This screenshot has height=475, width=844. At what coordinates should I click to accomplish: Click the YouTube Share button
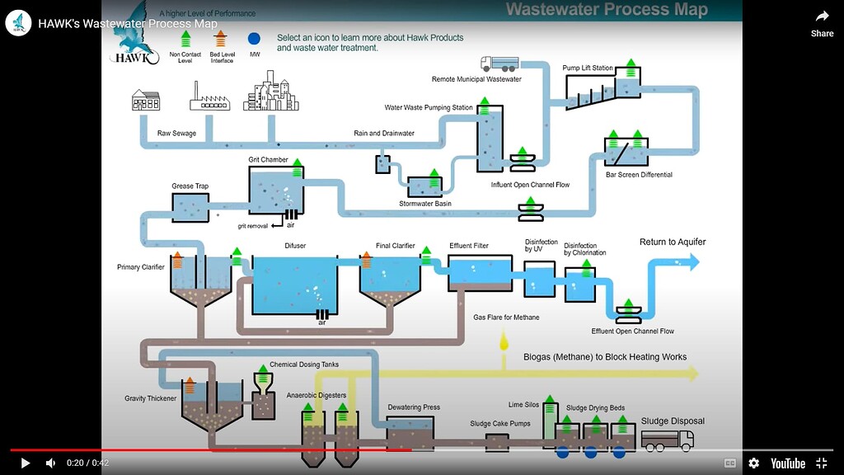[822, 22]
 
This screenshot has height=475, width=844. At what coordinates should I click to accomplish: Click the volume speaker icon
[51, 463]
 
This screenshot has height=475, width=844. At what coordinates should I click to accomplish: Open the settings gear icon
[753, 463]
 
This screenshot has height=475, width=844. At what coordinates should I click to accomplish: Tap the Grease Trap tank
[190, 209]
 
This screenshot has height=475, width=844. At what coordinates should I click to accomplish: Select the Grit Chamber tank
[276, 191]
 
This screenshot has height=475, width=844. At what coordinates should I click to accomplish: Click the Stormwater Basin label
[425, 204]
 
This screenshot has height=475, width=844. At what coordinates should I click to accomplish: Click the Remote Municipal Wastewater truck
[499, 63]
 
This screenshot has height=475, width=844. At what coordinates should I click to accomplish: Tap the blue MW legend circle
[254, 39]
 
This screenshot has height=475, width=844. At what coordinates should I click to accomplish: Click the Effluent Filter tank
[480, 273]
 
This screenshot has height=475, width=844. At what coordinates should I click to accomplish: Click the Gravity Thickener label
[151, 398]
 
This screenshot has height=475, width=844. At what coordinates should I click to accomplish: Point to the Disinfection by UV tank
[540, 280]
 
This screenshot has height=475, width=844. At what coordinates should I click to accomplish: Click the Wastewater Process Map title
[606, 10]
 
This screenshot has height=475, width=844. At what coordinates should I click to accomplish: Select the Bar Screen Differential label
[639, 175]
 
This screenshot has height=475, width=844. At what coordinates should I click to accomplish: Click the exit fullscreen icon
[821, 463]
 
